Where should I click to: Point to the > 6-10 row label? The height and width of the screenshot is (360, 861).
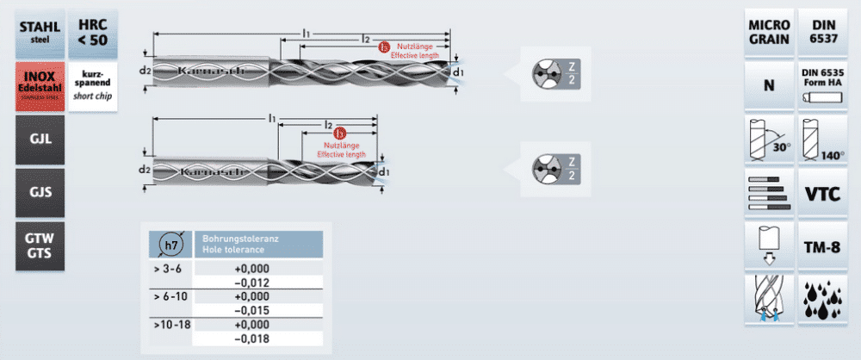click(169, 295)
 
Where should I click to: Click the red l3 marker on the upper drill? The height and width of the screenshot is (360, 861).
click(384, 47)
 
